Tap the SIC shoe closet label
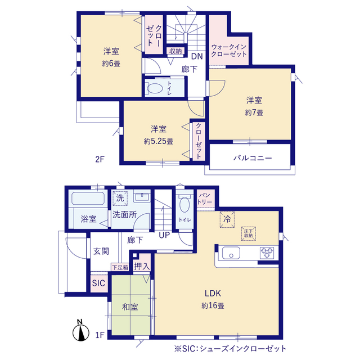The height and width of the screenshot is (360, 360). pos(99,283)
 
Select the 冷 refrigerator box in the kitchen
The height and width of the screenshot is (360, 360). pos(227,219)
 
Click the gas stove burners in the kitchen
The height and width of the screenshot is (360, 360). pos(267,253)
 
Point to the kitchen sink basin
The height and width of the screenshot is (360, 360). pos(231,253)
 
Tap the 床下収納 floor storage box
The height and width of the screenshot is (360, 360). pos(249,234)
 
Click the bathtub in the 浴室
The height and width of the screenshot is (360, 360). pos(88,199)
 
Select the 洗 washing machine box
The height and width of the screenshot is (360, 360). pos(120,198)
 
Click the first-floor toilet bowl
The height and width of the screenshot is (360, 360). pos(184,203)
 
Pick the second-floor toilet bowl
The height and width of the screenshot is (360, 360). pos(154,88)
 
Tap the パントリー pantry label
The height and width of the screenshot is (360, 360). pos(205,199)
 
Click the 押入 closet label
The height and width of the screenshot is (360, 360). pos(142,266)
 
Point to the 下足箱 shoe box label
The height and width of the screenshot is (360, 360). pos(120,268)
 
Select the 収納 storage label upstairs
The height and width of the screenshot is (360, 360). pos(175,51)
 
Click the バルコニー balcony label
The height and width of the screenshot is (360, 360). pos(253,158)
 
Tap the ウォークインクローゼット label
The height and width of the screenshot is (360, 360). pos(229,51)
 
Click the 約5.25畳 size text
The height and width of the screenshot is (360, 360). pos(159,141)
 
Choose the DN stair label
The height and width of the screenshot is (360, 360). pos(197,56)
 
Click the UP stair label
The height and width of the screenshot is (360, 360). pos(164,235)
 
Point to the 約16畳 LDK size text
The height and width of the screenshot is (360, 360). pos(213,305)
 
